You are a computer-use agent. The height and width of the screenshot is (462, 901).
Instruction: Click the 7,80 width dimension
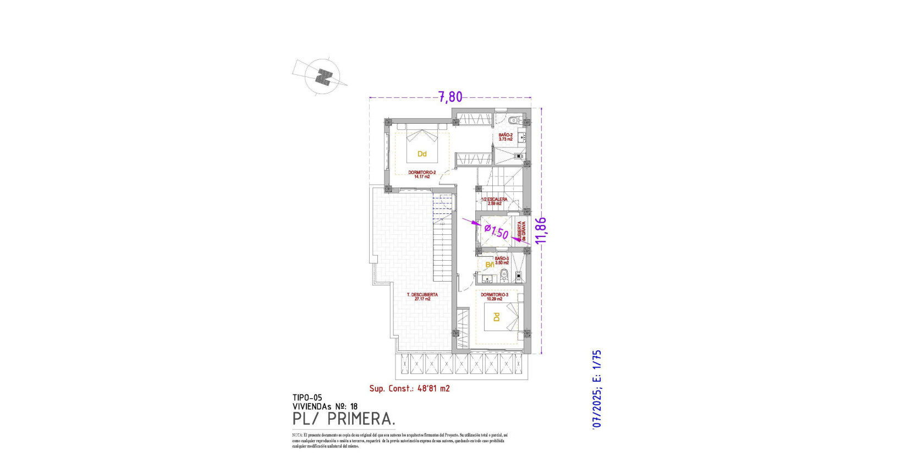(x=450, y=97)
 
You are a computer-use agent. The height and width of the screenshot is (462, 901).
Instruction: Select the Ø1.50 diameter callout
(x=497, y=231)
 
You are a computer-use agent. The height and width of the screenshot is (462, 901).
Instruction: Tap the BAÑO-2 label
(x=506, y=137)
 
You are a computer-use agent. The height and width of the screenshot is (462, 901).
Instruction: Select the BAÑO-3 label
(x=502, y=260)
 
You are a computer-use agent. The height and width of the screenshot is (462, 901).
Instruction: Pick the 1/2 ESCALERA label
(x=495, y=201)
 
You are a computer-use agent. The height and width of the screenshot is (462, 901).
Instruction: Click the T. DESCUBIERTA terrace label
(x=422, y=296)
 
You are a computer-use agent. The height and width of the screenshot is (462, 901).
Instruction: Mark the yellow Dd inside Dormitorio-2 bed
(x=422, y=154)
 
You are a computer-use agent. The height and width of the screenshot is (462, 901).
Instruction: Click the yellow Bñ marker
(x=489, y=265)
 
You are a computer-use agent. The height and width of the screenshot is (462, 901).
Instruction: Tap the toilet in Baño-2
(x=514, y=120)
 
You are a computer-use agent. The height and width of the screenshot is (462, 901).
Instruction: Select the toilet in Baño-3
(x=496, y=273)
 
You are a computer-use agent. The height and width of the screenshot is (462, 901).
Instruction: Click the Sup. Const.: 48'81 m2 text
(x=409, y=388)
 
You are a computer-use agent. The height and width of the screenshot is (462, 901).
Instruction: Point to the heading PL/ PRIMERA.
(x=344, y=419)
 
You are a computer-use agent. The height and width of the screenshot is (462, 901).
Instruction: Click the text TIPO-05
(x=307, y=398)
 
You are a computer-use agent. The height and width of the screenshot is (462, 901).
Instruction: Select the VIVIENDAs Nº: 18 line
(x=325, y=406)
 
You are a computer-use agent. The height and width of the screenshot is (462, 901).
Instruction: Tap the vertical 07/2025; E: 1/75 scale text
(x=597, y=389)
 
